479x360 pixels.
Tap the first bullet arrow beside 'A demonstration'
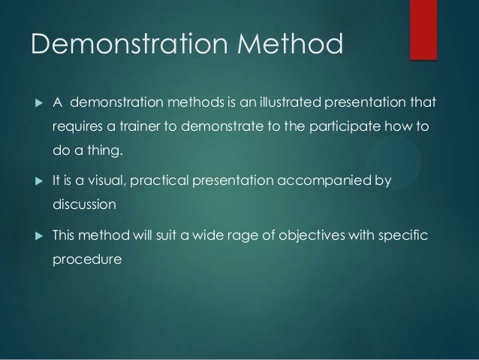34,101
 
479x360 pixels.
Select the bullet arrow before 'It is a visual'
34,180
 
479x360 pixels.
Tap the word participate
357,127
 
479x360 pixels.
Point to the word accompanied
333,180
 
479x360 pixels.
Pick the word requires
77,127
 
